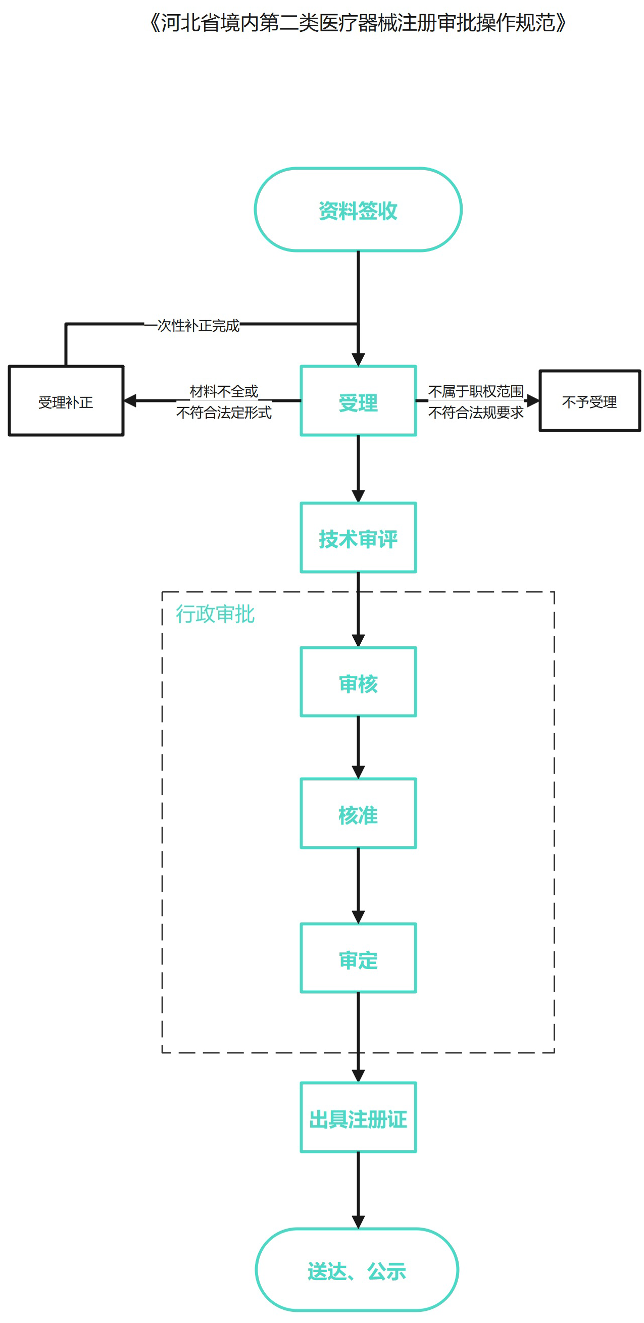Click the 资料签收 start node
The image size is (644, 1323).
click(x=358, y=210)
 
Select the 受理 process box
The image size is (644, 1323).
click(x=358, y=401)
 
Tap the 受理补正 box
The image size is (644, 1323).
click(x=66, y=401)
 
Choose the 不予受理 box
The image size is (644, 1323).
click(x=589, y=401)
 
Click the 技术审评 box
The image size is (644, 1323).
click(x=358, y=538)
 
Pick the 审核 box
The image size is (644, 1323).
click(x=358, y=682)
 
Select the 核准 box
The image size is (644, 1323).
click(x=358, y=813)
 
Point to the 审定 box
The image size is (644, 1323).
click(x=358, y=958)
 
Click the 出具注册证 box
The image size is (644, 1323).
click(x=358, y=1117)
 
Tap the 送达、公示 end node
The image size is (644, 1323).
click(x=357, y=1269)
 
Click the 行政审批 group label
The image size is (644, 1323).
click(x=215, y=614)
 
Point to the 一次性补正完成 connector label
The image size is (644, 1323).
click(x=197, y=326)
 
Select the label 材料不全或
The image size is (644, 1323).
click(x=224, y=391)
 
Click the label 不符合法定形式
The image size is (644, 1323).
click(x=224, y=413)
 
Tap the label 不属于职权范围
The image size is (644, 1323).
click(x=476, y=391)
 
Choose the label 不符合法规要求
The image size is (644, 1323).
click(x=476, y=413)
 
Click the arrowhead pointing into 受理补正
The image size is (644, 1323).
click(x=130, y=400)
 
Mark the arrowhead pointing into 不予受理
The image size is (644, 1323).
click(x=532, y=400)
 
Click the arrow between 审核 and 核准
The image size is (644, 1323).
click(x=358, y=747)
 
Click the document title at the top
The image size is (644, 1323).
click(x=358, y=23)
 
